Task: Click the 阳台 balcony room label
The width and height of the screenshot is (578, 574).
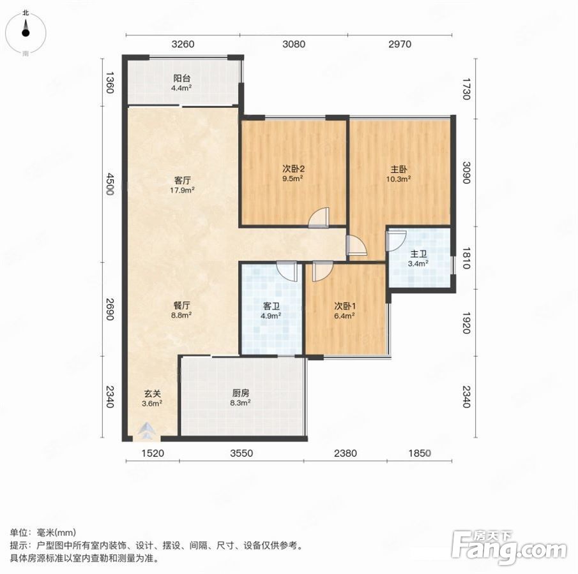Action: click(x=182, y=78)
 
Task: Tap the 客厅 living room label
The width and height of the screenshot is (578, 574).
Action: click(x=183, y=180)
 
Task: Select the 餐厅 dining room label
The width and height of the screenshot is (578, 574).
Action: click(x=182, y=305)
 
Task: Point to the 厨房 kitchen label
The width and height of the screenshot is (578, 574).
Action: click(x=240, y=393)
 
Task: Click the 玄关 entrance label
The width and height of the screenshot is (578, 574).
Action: click(x=152, y=394)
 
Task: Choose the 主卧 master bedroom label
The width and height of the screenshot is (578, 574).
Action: click(x=399, y=169)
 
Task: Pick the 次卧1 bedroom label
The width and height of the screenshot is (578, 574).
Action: click(x=345, y=305)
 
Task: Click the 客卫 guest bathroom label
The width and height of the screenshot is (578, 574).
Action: click(x=271, y=305)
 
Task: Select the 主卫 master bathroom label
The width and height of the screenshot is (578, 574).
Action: click(x=418, y=254)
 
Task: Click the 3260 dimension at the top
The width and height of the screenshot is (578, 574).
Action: click(x=183, y=44)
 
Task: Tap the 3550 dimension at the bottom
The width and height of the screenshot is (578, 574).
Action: click(x=241, y=453)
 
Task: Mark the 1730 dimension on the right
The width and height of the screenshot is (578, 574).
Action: click(x=467, y=89)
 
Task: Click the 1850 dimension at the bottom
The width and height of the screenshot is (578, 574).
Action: click(x=420, y=453)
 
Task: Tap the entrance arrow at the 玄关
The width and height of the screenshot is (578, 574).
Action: click(x=147, y=430)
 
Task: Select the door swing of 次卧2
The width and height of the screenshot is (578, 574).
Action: click(x=319, y=217)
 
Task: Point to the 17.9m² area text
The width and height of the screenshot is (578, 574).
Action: click(x=183, y=190)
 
